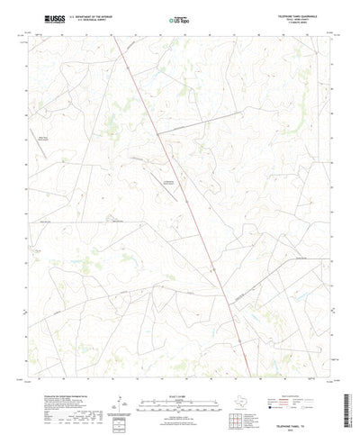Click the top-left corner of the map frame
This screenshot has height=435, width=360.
point(28,37)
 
